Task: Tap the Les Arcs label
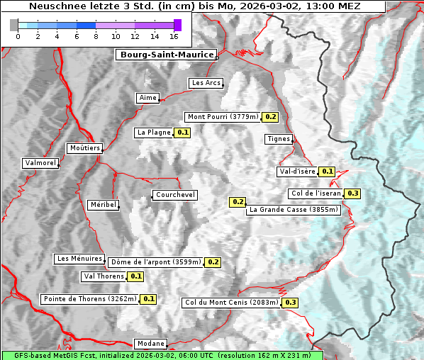(206, 83)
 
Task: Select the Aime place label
(148, 98)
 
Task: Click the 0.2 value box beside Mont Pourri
(269, 117)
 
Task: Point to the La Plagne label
(153, 133)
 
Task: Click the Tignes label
(279, 139)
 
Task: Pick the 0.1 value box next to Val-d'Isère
(327, 171)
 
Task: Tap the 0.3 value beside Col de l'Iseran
(352, 193)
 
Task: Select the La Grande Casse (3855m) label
(294, 210)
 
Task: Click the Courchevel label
(174, 195)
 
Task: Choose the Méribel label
(103, 205)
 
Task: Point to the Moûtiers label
(84, 148)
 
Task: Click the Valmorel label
(40, 163)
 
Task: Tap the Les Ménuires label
(79, 259)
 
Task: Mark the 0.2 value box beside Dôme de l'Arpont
(213, 262)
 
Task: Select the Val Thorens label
(104, 276)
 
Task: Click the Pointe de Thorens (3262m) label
(89, 299)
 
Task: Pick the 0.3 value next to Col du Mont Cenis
(290, 303)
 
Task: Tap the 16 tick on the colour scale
(174, 35)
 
